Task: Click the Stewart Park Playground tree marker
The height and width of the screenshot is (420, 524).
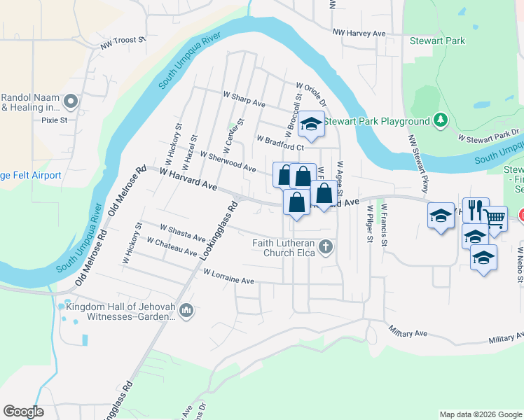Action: tap(440, 121)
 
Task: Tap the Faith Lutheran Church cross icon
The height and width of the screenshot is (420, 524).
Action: tap(325, 246)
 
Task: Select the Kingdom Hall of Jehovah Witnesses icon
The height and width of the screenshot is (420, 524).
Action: tap(186, 310)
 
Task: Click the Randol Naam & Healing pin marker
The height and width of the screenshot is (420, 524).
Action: tap(70, 103)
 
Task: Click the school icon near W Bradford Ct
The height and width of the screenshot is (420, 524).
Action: tap(310, 125)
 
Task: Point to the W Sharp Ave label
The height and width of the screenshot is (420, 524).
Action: tap(244, 99)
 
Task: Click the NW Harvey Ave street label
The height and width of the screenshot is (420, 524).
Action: tap(359, 33)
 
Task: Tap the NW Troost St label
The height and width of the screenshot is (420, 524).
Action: tap(122, 44)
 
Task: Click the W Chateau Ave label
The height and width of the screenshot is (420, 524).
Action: tap(172, 246)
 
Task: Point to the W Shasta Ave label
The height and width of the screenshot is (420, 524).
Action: tap(182, 232)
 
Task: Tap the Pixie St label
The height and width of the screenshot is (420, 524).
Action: tap(54, 120)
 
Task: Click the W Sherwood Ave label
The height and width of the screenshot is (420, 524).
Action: tap(228, 162)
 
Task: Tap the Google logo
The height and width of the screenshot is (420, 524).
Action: tap(24, 412)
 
